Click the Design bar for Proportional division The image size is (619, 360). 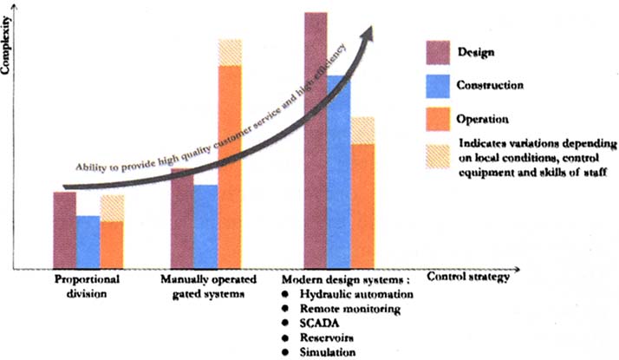point(64,230)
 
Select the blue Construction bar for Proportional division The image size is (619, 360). point(88,242)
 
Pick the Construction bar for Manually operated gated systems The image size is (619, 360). point(205,226)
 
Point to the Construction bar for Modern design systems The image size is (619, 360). point(339,173)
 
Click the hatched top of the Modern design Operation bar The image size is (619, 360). point(362,130)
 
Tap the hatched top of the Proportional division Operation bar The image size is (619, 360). point(112,208)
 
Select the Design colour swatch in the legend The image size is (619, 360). point(438,52)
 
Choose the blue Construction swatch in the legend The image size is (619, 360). point(438,85)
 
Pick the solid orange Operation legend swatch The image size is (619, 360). point(438,117)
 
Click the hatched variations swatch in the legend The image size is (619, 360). point(438,154)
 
